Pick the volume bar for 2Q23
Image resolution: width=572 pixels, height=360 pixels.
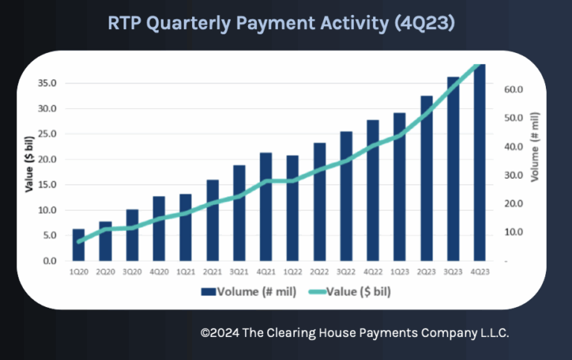click(x=427, y=179)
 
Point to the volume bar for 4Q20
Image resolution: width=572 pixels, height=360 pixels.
click(x=159, y=229)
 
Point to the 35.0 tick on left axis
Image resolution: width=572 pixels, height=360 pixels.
click(x=48, y=83)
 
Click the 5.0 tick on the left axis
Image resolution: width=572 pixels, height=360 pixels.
click(x=50, y=236)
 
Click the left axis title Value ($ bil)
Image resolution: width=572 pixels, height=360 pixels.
click(x=29, y=165)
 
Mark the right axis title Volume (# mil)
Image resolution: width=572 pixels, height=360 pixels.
click(x=535, y=145)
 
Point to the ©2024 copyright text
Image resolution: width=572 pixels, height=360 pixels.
click(x=354, y=333)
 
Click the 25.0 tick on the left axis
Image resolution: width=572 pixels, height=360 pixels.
click(x=48, y=133)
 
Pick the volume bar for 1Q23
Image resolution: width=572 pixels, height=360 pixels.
click(x=400, y=187)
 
